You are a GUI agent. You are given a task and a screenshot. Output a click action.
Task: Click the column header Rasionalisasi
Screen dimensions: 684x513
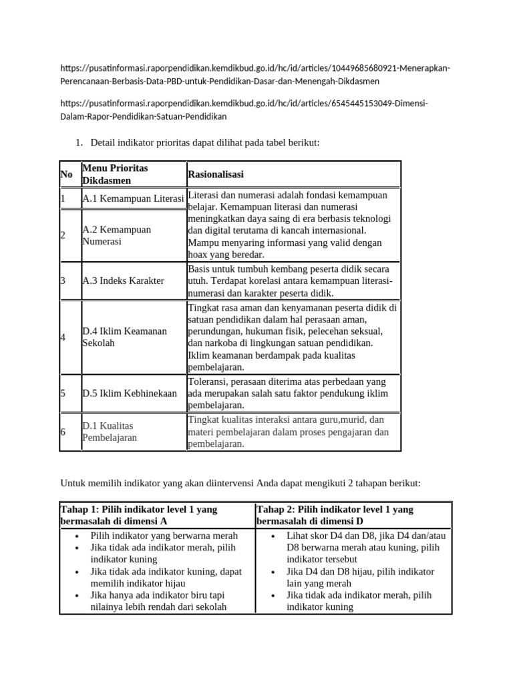point(216,174)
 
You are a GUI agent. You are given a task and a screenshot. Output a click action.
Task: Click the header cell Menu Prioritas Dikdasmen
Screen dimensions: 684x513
point(115,174)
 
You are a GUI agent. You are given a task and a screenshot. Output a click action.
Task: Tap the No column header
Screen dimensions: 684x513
point(67,174)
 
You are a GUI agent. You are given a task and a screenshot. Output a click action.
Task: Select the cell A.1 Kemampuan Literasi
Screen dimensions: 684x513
point(133,199)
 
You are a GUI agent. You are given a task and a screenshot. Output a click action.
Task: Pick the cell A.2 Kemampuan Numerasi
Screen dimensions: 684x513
point(116,235)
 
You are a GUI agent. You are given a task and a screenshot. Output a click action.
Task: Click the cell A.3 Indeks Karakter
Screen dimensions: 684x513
point(123,281)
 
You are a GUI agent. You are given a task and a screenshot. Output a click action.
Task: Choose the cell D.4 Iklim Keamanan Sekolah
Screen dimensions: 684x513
point(124,337)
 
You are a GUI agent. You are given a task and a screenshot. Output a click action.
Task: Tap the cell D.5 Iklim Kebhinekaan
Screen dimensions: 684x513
point(130,393)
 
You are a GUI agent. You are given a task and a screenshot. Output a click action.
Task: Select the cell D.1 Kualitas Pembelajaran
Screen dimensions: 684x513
point(110,432)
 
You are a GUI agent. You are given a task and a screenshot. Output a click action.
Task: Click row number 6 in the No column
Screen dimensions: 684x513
point(63,432)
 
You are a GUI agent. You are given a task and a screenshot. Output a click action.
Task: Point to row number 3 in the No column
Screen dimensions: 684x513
point(63,281)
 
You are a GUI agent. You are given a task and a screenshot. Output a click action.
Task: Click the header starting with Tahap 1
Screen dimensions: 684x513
point(139,515)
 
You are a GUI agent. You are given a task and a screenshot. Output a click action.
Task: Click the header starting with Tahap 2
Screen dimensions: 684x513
point(335,515)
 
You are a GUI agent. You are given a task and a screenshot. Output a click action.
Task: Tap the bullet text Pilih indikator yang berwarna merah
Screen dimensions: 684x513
point(164,536)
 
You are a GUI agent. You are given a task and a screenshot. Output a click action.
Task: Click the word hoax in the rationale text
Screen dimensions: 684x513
point(199,254)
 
